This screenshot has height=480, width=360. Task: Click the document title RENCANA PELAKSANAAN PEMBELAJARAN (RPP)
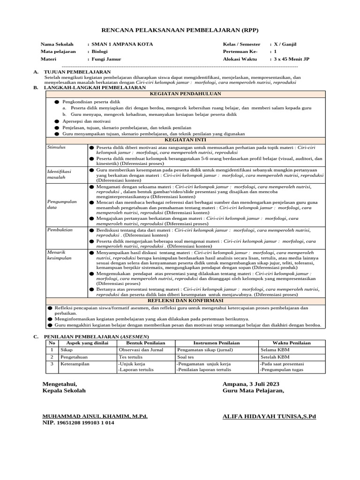(180, 30)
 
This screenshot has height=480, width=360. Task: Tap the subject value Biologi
(100, 52)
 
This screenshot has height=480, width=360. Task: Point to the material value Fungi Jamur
(107, 59)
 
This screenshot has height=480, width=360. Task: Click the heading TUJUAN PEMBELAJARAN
(76, 72)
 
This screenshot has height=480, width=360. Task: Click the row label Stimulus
(56, 147)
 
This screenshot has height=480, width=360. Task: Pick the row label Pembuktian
(59, 230)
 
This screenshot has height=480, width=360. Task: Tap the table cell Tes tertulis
(131, 357)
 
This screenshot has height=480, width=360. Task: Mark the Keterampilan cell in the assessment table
(75, 364)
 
